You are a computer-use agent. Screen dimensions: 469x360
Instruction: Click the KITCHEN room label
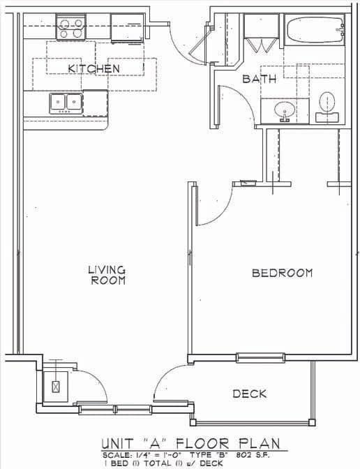93,68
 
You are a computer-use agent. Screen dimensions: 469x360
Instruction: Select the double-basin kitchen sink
66,103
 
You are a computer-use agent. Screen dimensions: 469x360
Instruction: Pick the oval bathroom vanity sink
285,110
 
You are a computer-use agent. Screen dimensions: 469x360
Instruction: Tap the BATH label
259,79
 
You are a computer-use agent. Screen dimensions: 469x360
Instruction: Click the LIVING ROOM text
107,274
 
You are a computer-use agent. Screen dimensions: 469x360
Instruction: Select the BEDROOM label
282,273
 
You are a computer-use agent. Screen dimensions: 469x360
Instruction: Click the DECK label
249,394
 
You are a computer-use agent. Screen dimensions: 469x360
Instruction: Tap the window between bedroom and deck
260,358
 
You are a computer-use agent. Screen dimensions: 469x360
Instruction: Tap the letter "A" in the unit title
156,444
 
